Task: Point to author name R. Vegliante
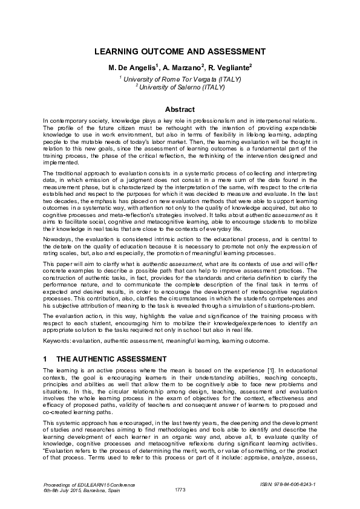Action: click(229, 68)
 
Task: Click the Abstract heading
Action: click(180, 109)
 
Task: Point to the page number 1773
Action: click(180, 489)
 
